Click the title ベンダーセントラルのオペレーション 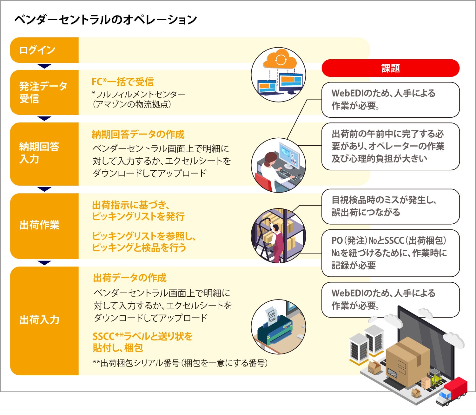coord(105,20)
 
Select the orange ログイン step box coord(44,50)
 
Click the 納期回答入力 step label coord(40,153)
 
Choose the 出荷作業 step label coord(40,225)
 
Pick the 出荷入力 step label coord(40,319)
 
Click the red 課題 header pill coord(390,68)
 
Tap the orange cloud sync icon coord(280,59)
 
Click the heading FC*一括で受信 coord(123,82)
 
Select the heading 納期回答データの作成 coord(138,135)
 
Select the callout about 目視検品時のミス coord(390,206)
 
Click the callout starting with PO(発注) coord(390,253)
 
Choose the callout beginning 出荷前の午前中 coord(390,146)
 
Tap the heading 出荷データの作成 coord(130,278)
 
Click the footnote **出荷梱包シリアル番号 coord(180,363)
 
